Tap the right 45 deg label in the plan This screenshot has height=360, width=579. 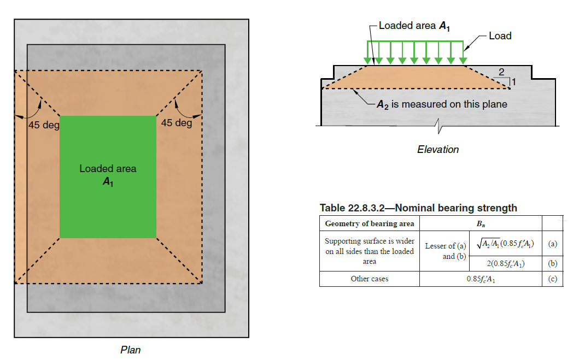click(177, 123)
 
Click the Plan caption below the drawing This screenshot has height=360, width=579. click(130, 350)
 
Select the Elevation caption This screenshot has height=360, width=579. click(437, 149)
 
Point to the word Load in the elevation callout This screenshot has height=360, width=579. click(500, 36)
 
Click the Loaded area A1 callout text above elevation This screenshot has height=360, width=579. click(414, 26)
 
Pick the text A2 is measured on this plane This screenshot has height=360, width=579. click(442, 104)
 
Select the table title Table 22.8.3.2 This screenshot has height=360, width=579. click(418, 208)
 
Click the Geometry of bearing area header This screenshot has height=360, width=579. click(369, 223)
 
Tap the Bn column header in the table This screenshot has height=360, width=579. click(480, 223)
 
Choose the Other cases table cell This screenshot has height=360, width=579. click(369, 279)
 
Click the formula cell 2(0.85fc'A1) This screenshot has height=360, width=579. click(506, 263)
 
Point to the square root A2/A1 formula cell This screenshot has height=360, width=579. click(506, 243)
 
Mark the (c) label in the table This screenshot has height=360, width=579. click(552, 279)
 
